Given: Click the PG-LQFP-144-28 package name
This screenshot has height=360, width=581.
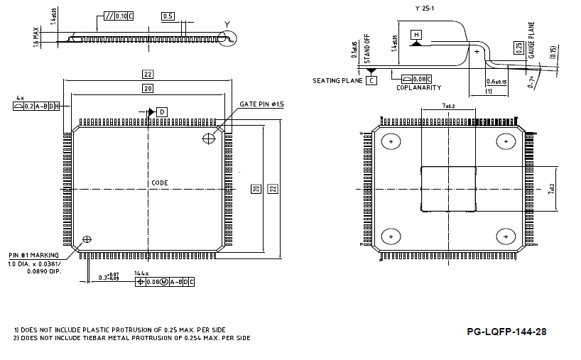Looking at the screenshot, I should pyautogui.click(x=506, y=332).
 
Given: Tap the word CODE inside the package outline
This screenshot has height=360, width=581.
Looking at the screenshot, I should pyautogui.click(x=160, y=183).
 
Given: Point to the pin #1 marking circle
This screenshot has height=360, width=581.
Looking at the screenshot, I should pyautogui.click(x=87, y=239).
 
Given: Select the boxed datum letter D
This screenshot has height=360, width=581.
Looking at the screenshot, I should pyautogui.click(x=162, y=112).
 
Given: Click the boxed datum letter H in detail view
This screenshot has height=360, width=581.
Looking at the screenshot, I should pyautogui.click(x=416, y=35).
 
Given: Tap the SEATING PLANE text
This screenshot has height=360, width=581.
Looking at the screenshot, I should pyautogui.click(x=338, y=81).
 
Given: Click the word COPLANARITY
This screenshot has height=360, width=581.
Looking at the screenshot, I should pyautogui.click(x=418, y=88).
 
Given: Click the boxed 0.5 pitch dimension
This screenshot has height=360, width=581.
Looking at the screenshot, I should pyautogui.click(x=168, y=16).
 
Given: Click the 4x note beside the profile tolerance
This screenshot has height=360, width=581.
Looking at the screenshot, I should pyautogui.click(x=21, y=97).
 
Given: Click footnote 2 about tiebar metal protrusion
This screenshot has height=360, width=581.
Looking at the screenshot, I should pyautogui.click(x=132, y=338).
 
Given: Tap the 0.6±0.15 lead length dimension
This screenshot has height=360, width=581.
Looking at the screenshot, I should pyautogui.click(x=496, y=82).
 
